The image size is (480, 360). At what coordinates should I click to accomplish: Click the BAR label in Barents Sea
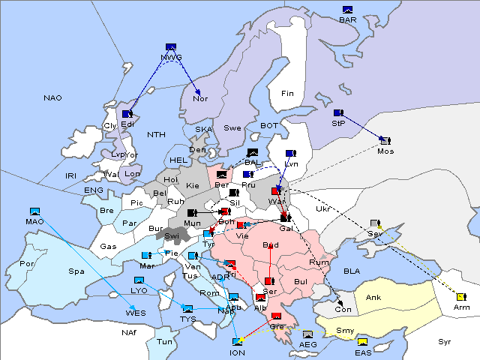tap(348, 19)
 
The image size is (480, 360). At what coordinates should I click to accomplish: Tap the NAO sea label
tap(52, 98)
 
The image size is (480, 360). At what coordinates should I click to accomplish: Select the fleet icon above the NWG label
tap(171, 47)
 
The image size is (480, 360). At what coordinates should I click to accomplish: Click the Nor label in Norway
tap(200, 98)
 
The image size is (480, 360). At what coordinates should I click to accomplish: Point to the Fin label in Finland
tap(287, 93)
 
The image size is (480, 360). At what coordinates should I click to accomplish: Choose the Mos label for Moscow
tap(385, 151)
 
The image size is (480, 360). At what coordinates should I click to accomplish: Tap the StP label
tap(338, 123)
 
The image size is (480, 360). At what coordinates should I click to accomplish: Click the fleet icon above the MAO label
tap(34, 211)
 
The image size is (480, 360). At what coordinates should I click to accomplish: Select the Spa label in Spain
tap(76, 271)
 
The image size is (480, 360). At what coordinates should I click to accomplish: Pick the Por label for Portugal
tap(27, 264)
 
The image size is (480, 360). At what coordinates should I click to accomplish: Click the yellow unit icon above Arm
tap(460, 296)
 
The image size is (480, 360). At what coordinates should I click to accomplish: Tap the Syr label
tap(445, 341)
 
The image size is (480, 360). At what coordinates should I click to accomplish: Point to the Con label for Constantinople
tap(343, 310)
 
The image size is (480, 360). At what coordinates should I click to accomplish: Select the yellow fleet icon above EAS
tap(363, 343)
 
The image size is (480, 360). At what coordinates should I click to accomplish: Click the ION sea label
tap(237, 352)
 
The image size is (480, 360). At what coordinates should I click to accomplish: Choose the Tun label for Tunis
tap(163, 341)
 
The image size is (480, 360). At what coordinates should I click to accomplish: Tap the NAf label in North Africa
tap(109, 331)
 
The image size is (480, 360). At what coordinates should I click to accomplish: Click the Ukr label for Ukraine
tap(322, 209)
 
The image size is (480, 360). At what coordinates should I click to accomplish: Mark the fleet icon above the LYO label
tap(139, 280)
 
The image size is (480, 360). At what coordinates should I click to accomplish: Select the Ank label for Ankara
tap(373, 298)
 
